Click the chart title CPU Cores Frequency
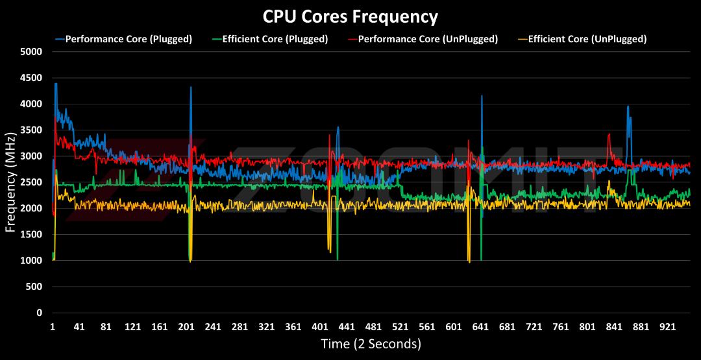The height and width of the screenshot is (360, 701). [350, 17]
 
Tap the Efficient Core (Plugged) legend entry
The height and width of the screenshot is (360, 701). [269, 39]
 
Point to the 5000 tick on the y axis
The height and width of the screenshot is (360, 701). [31, 52]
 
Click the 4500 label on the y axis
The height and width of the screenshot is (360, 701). [31, 78]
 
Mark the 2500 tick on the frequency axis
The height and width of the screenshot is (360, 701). [31, 183]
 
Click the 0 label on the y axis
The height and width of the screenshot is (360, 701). [40, 313]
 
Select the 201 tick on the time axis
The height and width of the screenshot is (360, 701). [186, 327]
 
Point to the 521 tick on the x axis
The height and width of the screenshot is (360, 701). [400, 327]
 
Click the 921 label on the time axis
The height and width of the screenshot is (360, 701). [667, 327]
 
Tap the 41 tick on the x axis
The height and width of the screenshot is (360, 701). [79, 327]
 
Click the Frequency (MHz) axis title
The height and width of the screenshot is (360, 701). [10, 182]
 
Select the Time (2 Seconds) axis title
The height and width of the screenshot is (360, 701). [371, 344]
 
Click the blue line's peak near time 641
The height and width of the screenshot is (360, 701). [482, 95]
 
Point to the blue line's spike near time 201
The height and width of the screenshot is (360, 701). [191, 87]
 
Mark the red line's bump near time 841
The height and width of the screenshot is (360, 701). [609, 134]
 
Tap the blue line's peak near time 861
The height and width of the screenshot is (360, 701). [628, 106]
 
